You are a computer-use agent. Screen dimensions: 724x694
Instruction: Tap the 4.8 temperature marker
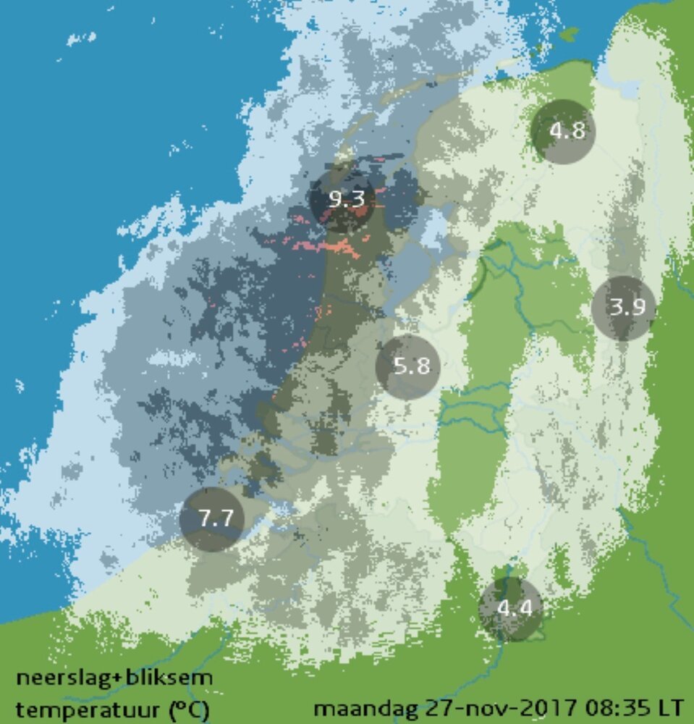tap(563, 132)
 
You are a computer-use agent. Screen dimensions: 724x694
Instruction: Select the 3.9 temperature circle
tap(623, 308)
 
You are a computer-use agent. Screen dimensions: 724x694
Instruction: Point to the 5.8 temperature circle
tap(408, 366)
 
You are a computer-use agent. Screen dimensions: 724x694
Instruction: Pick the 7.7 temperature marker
tap(212, 519)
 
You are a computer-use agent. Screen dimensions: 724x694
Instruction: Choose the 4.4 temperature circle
tap(511, 608)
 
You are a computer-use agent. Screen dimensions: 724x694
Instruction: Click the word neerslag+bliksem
tap(114, 679)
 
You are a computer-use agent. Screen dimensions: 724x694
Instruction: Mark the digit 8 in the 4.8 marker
tap(575, 132)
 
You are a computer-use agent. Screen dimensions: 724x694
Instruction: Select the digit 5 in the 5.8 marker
tap(399, 366)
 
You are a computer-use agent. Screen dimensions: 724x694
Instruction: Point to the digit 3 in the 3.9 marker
tap(614, 308)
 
